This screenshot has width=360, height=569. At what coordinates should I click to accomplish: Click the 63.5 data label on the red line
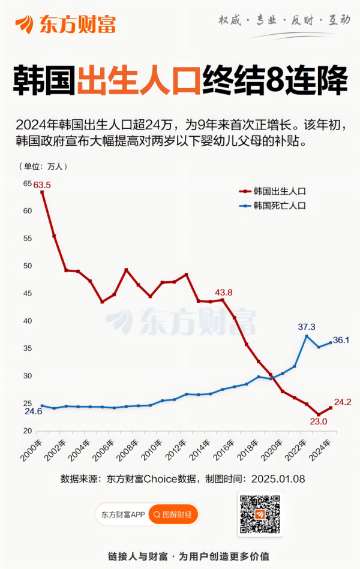coord(41,185)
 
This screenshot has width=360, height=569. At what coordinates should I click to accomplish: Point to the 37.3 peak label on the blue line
coord(307,327)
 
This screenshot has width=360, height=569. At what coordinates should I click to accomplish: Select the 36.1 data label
coord(341,340)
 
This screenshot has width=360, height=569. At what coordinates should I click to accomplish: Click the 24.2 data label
coord(342,402)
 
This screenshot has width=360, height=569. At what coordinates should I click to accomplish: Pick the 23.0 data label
coord(318,422)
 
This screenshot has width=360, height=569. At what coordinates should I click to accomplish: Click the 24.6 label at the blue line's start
coord(33,411)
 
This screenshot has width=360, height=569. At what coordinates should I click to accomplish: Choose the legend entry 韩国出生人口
coord(279,191)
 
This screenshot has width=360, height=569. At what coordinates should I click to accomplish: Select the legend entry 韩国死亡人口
coord(279,206)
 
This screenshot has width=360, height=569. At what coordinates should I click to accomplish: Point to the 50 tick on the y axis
coord(28,266)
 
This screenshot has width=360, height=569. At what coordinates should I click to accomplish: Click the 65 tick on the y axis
coord(28,183)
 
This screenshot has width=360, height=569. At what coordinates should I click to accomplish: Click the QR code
coord(260,514)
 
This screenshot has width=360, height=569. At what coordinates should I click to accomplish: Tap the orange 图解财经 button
coord(173,514)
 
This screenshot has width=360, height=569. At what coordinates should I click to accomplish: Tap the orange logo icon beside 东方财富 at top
coord(25,24)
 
